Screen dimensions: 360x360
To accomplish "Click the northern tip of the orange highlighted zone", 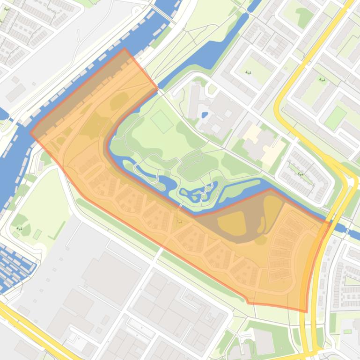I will (125, 49).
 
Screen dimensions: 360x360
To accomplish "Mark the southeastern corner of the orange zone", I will (307, 311).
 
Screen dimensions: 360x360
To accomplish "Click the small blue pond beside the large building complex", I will (205, 115).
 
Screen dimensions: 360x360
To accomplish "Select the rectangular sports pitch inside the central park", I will (162, 121).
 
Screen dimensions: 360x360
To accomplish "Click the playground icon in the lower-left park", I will (20, 228).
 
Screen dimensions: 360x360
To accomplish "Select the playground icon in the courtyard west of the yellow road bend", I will (248, 72).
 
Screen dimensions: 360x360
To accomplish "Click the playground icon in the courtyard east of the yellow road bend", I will (322, 79).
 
